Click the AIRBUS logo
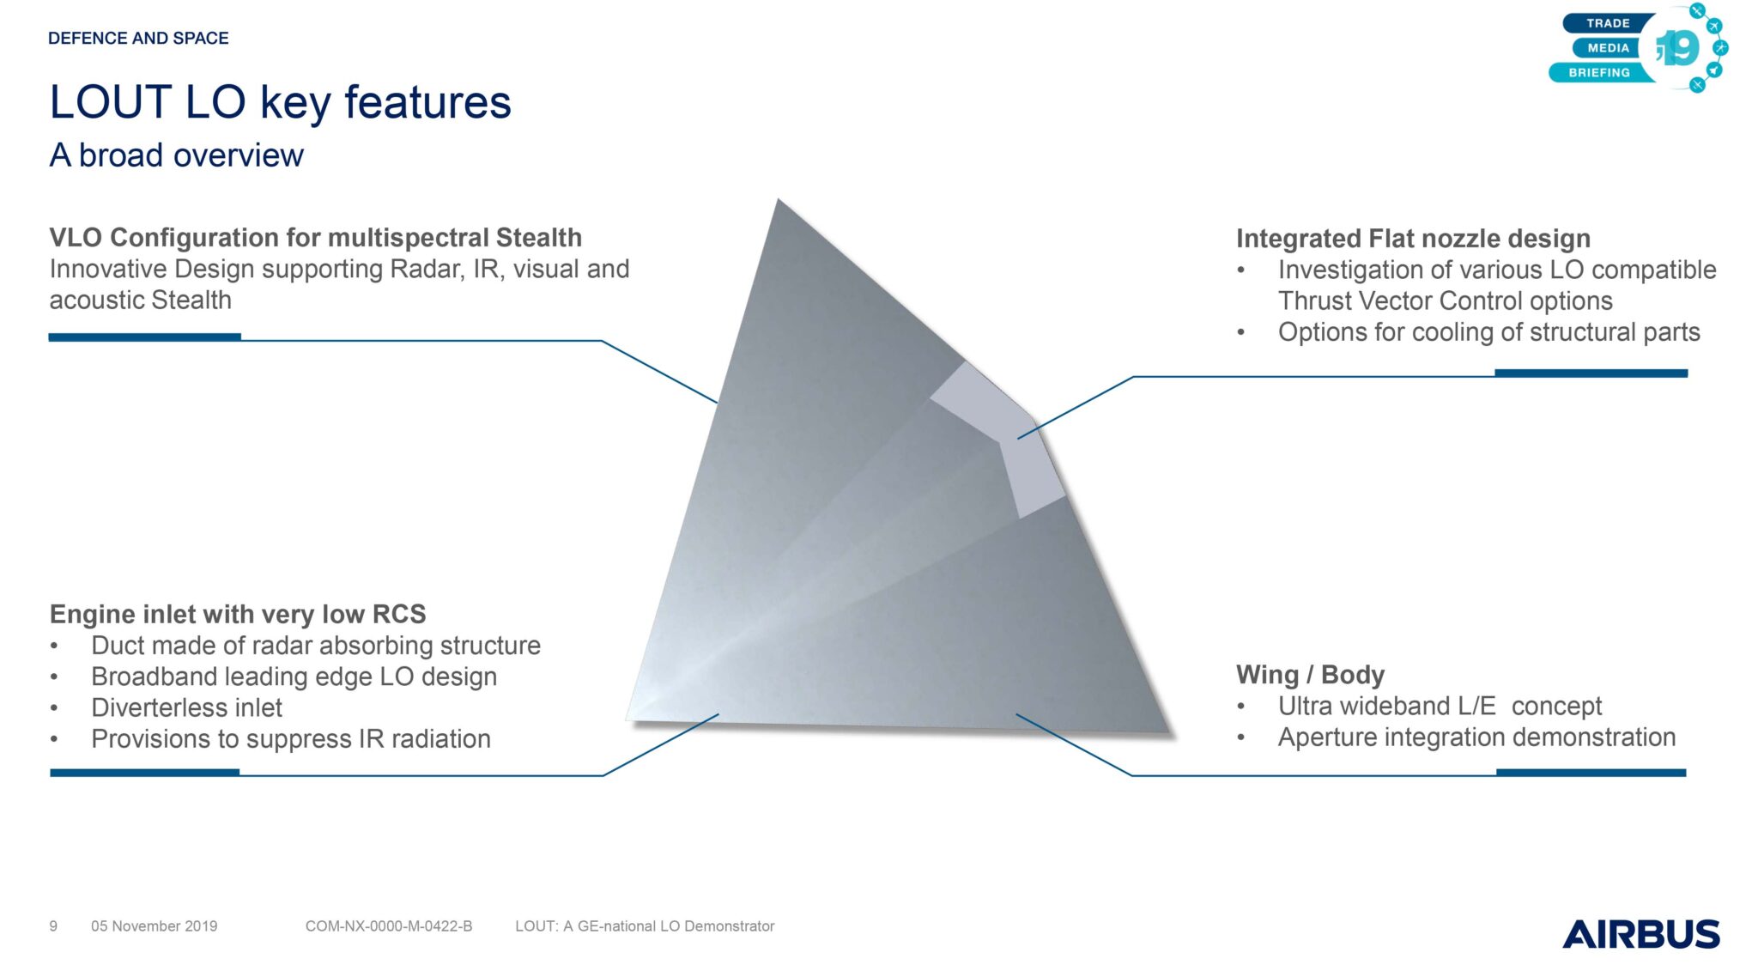[x=1640, y=934]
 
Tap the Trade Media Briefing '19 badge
[x=1638, y=48]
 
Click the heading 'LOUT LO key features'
[x=280, y=103]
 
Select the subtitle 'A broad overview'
[x=176, y=155]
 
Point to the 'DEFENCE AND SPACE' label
[x=138, y=38]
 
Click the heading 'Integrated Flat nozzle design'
[x=1413, y=238]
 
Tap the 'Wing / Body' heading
[x=1310, y=675]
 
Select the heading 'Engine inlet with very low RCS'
[x=238, y=614]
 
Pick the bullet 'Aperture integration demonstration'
[x=1476, y=737]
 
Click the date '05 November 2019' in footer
[x=155, y=926]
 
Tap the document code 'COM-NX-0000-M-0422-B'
[x=389, y=926]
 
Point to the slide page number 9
[x=53, y=926]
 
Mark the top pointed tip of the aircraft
[x=779, y=200]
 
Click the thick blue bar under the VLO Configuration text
[x=144, y=337]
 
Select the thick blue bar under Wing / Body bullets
[x=1591, y=773]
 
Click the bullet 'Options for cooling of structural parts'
[x=1488, y=332]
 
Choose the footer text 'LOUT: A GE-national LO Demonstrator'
[x=645, y=926]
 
